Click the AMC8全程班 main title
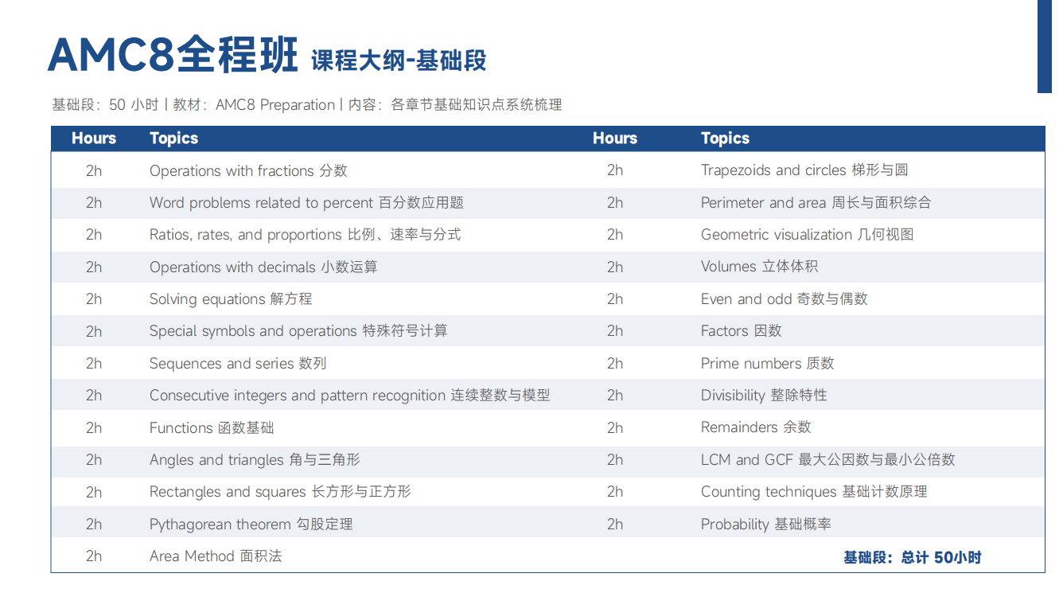click(173, 55)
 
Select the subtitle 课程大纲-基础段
click(399, 60)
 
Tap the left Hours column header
click(94, 138)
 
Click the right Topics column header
click(725, 138)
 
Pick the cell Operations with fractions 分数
click(248, 170)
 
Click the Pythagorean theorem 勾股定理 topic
click(251, 524)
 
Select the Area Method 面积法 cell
click(216, 556)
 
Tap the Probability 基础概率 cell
click(766, 524)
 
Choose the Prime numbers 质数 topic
click(767, 363)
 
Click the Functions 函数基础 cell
click(212, 427)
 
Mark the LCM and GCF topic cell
click(828, 459)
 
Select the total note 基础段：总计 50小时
click(912, 557)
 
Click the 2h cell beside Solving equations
click(94, 299)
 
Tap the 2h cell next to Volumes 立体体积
click(615, 267)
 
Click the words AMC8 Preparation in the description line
click(275, 104)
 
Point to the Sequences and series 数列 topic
click(238, 363)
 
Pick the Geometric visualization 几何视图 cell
click(808, 235)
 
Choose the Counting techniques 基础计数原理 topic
click(814, 492)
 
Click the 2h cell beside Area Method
click(94, 556)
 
